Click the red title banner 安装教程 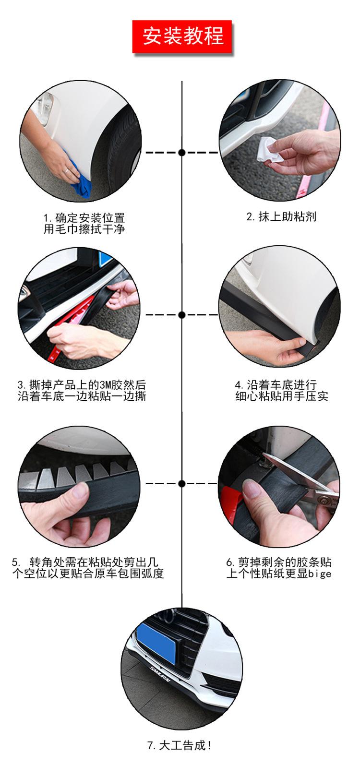coord(182,36)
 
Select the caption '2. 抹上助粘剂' coord(281,216)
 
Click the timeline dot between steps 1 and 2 coord(182,152)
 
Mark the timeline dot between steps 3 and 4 coord(182,314)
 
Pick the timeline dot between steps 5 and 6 coord(182,484)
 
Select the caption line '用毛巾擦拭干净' coord(84,229)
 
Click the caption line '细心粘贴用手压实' coord(282,396)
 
